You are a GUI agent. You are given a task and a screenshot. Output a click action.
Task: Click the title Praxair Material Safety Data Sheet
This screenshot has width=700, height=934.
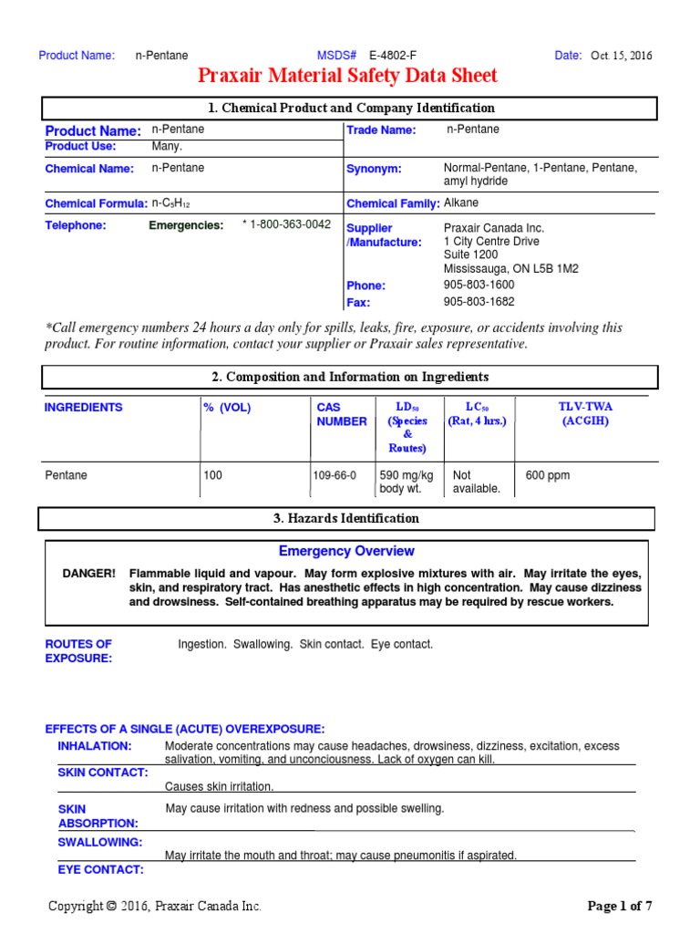348,76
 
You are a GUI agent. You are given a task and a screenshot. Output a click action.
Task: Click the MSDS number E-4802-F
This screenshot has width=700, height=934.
393,56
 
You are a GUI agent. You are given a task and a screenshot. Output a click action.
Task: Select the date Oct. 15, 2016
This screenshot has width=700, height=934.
623,56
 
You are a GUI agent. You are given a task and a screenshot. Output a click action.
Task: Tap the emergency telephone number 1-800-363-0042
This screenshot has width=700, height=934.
287,225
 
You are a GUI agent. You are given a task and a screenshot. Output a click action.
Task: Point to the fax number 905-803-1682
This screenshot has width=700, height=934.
479,302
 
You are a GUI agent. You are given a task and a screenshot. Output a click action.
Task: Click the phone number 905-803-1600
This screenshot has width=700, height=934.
479,285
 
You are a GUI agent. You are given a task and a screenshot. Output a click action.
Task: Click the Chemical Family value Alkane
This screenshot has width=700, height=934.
461,203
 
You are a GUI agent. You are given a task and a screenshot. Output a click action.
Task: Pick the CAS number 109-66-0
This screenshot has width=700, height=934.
336,475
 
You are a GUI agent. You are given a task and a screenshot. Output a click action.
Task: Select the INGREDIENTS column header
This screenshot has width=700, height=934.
83,408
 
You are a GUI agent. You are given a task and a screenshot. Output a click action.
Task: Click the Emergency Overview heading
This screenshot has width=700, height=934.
346,551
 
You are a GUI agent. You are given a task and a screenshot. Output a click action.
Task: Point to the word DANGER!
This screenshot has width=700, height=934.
88,573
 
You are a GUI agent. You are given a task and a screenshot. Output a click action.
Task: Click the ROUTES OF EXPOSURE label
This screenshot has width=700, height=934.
78,651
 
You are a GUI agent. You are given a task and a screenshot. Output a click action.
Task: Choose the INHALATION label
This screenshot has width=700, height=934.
95,746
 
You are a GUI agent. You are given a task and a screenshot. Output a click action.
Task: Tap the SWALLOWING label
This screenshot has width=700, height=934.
100,842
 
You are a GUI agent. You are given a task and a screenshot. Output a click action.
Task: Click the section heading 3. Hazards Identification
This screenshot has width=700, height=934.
346,518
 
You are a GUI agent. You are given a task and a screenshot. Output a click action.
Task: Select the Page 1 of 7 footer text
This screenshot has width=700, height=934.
620,906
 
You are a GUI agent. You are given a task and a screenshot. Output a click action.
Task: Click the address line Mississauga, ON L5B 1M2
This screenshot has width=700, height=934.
510,269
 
